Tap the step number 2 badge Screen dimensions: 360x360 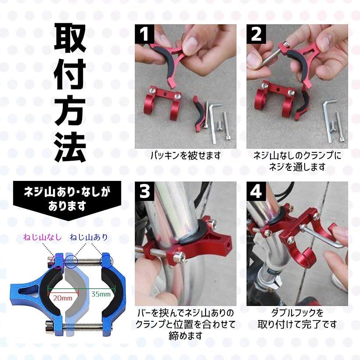pyautogui.click(x=256, y=34)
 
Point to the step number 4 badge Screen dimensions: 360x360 pyautogui.click(x=256, y=192)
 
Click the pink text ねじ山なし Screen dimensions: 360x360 pyautogui.click(x=43, y=238)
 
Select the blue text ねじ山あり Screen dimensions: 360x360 pyautogui.click(x=88, y=238)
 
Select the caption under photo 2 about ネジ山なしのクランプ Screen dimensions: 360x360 pyautogui.click(x=297, y=161)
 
